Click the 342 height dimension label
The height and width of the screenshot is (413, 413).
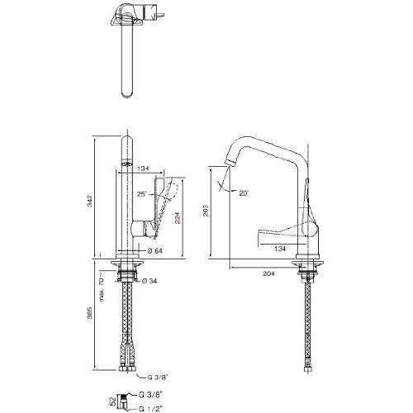click(90, 202)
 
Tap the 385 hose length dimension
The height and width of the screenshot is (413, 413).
click(90, 314)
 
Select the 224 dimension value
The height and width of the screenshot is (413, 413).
click(177, 217)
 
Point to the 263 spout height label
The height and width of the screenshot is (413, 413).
click(206, 211)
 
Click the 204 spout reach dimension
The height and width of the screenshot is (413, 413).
click(268, 273)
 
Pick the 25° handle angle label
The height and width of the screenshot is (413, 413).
click(142, 194)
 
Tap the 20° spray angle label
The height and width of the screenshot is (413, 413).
click(244, 193)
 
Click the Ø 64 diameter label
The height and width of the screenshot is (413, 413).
click(154, 251)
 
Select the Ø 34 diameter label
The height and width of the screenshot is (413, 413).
click(150, 281)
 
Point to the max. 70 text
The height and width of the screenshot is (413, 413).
click(102, 287)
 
